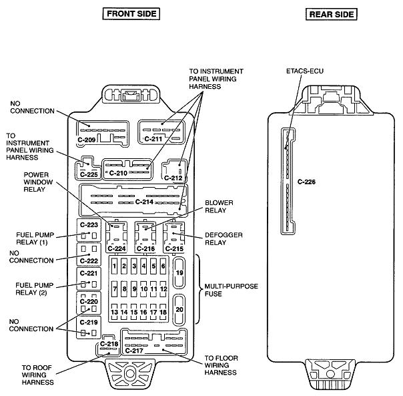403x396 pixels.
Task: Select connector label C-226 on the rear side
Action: pyautogui.click(x=306, y=182)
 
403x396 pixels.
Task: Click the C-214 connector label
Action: pyautogui.click(x=143, y=201)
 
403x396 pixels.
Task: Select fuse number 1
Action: pyautogui.click(x=115, y=266)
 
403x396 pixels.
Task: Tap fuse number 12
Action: pyautogui.click(x=164, y=288)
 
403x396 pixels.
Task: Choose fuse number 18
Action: pyautogui.click(x=164, y=312)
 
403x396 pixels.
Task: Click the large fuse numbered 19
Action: pyautogui.click(x=179, y=273)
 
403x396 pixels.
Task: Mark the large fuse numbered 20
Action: pyautogui.click(x=179, y=310)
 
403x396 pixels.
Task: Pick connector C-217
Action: pyautogui.click(x=153, y=343)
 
